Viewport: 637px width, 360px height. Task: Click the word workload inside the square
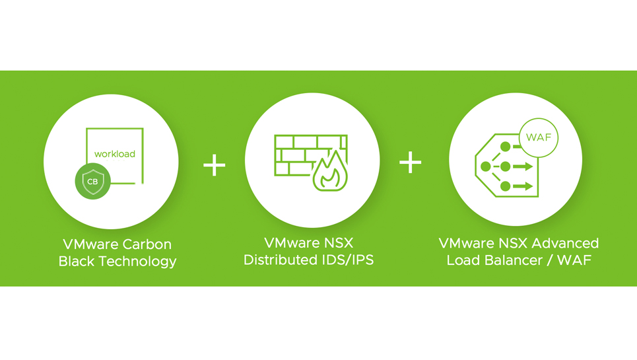tap(114, 154)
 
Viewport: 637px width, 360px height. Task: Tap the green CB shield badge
tap(92, 181)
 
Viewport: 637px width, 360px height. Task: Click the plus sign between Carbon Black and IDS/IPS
tap(215, 164)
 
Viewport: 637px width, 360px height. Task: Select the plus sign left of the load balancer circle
tap(411, 162)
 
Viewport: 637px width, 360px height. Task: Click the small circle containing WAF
tap(539, 138)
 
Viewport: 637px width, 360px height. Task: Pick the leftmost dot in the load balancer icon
tap(486, 166)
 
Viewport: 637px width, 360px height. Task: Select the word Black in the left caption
tap(77, 262)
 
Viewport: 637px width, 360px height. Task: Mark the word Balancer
tap(512, 260)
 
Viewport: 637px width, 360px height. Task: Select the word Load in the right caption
tap(462, 260)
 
